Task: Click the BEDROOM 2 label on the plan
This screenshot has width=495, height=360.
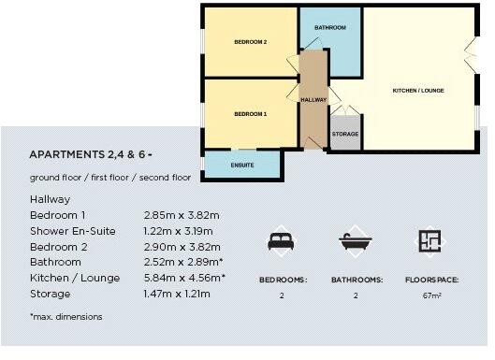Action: (250, 42)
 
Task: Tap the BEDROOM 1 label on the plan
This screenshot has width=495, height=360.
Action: (250, 113)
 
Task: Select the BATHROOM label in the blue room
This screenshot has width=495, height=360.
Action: (329, 28)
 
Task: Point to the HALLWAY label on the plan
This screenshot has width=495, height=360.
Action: (313, 99)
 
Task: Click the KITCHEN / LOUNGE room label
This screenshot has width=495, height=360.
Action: (417, 91)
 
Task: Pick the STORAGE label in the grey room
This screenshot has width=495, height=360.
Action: (344, 135)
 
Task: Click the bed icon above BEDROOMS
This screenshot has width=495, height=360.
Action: (281, 241)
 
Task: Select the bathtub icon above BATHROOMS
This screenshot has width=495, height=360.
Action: (356, 241)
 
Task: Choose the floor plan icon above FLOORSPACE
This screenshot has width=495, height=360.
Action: (429, 241)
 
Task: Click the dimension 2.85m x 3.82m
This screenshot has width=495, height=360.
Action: (178, 215)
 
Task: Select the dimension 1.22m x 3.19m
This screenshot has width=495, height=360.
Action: (178, 231)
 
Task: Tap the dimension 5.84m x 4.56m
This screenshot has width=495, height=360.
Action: (183, 278)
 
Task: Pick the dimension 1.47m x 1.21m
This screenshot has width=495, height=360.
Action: (177, 294)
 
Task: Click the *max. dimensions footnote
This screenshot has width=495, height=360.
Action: (66, 317)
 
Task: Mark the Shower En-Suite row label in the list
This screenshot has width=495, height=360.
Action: (73, 231)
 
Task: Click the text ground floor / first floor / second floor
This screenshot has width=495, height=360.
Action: (109, 178)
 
